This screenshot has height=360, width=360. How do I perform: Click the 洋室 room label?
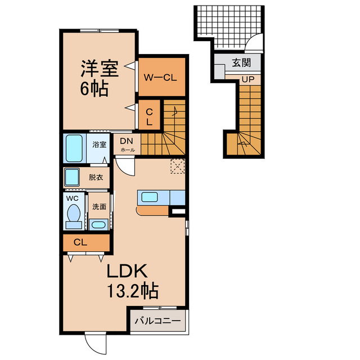(98, 70)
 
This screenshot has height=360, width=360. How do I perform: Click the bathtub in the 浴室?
(74, 147)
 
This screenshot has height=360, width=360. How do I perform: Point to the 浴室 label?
(99, 143)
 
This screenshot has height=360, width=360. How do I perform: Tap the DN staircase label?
(126, 141)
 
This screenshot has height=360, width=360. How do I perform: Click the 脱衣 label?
(96, 177)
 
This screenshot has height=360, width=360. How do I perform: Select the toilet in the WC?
(73, 214)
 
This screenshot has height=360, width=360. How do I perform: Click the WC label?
(72, 199)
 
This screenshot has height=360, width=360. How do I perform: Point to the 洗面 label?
(99, 206)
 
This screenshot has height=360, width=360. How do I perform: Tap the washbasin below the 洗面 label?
(98, 225)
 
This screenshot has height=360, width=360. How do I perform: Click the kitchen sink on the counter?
(150, 197)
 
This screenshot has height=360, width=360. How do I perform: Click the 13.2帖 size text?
(132, 291)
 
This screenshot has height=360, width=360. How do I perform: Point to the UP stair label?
(247, 79)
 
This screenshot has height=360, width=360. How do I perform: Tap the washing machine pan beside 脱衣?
(71, 178)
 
